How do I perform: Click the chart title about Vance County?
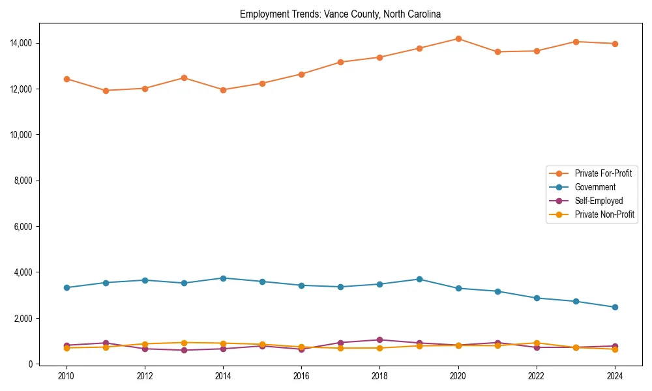pos(340,14)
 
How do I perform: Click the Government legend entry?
pos(595,187)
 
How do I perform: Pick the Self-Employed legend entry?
pos(599,201)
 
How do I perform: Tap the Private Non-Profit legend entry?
pos(604,214)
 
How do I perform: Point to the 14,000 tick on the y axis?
pos(22,43)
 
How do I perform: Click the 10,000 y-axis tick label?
pos(22,135)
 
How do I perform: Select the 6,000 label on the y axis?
pos(24,227)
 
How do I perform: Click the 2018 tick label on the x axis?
pos(379,376)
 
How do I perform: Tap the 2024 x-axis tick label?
pos(615,376)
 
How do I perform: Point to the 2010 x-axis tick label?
pos(66,376)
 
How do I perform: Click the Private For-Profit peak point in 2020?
pos(458,38)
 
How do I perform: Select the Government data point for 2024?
pos(615,307)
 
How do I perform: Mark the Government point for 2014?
pos(223,278)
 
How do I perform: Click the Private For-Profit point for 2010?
pos(66,79)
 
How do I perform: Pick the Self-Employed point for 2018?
pos(379,340)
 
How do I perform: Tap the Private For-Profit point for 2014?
pos(223,90)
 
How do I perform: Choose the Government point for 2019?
pos(419,279)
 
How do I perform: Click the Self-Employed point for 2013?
pos(184,350)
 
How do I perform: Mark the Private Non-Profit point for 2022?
pos(537,343)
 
